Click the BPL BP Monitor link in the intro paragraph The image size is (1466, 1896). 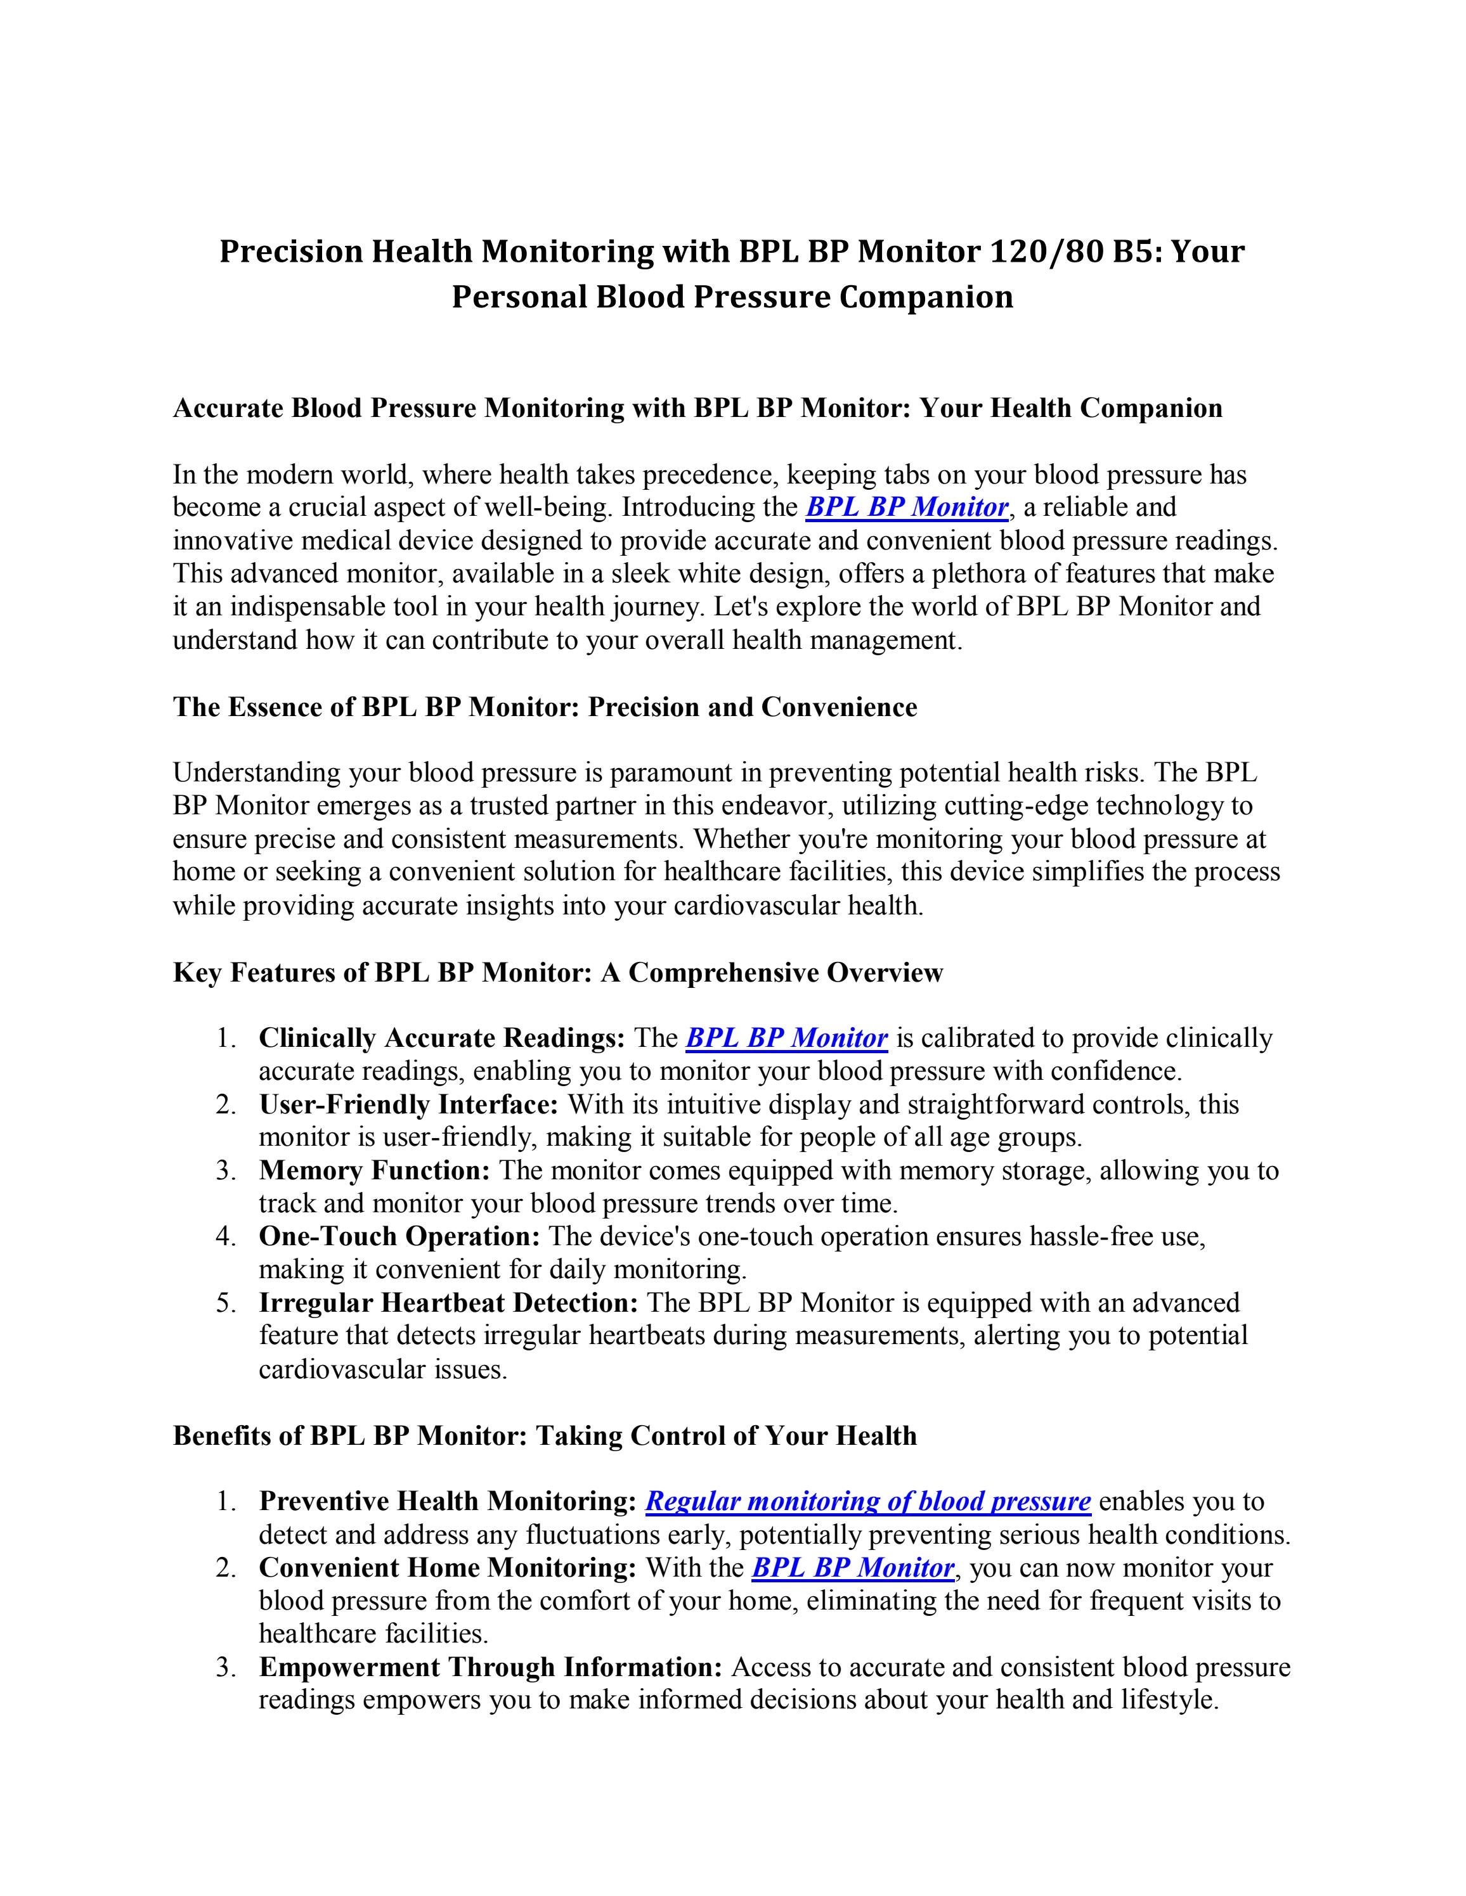[x=907, y=507]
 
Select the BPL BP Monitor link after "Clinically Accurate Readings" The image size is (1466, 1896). [x=786, y=1038]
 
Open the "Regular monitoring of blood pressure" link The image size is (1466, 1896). [x=867, y=1502]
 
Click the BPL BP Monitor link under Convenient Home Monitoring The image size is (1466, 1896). [x=853, y=1568]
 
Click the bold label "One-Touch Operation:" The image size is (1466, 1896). [x=399, y=1236]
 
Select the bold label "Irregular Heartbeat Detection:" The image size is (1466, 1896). [x=449, y=1303]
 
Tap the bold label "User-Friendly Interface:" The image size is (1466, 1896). [x=409, y=1105]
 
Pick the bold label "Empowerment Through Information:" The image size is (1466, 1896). [x=491, y=1668]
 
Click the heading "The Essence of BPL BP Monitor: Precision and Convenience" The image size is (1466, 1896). [x=545, y=708]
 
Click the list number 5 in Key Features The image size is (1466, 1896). [x=226, y=1303]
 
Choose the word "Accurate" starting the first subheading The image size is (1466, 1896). [x=228, y=408]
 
